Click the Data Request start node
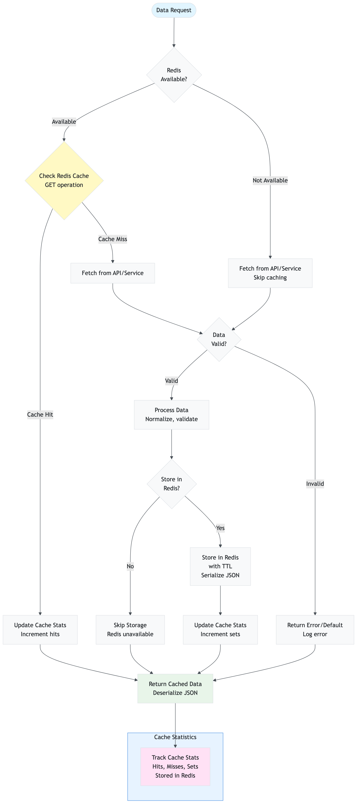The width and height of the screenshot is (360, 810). click(174, 10)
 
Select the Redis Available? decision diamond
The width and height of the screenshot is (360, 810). click(174, 75)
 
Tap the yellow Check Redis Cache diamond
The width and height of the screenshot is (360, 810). click(64, 181)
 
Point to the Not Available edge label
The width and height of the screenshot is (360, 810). click(270, 181)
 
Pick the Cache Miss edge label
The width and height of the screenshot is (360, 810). click(112, 239)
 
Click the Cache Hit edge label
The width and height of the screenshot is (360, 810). click(40, 414)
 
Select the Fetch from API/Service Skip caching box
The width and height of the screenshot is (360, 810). click(270, 273)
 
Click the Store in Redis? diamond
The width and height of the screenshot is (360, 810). click(172, 484)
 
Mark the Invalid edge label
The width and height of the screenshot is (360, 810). click(315, 484)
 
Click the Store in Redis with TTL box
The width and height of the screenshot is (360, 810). click(220, 566)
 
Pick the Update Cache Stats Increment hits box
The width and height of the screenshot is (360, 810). click(40, 629)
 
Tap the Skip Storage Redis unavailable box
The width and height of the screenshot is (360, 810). click(130, 629)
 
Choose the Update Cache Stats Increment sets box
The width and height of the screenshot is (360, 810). click(220, 629)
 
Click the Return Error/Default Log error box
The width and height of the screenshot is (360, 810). click(315, 629)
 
